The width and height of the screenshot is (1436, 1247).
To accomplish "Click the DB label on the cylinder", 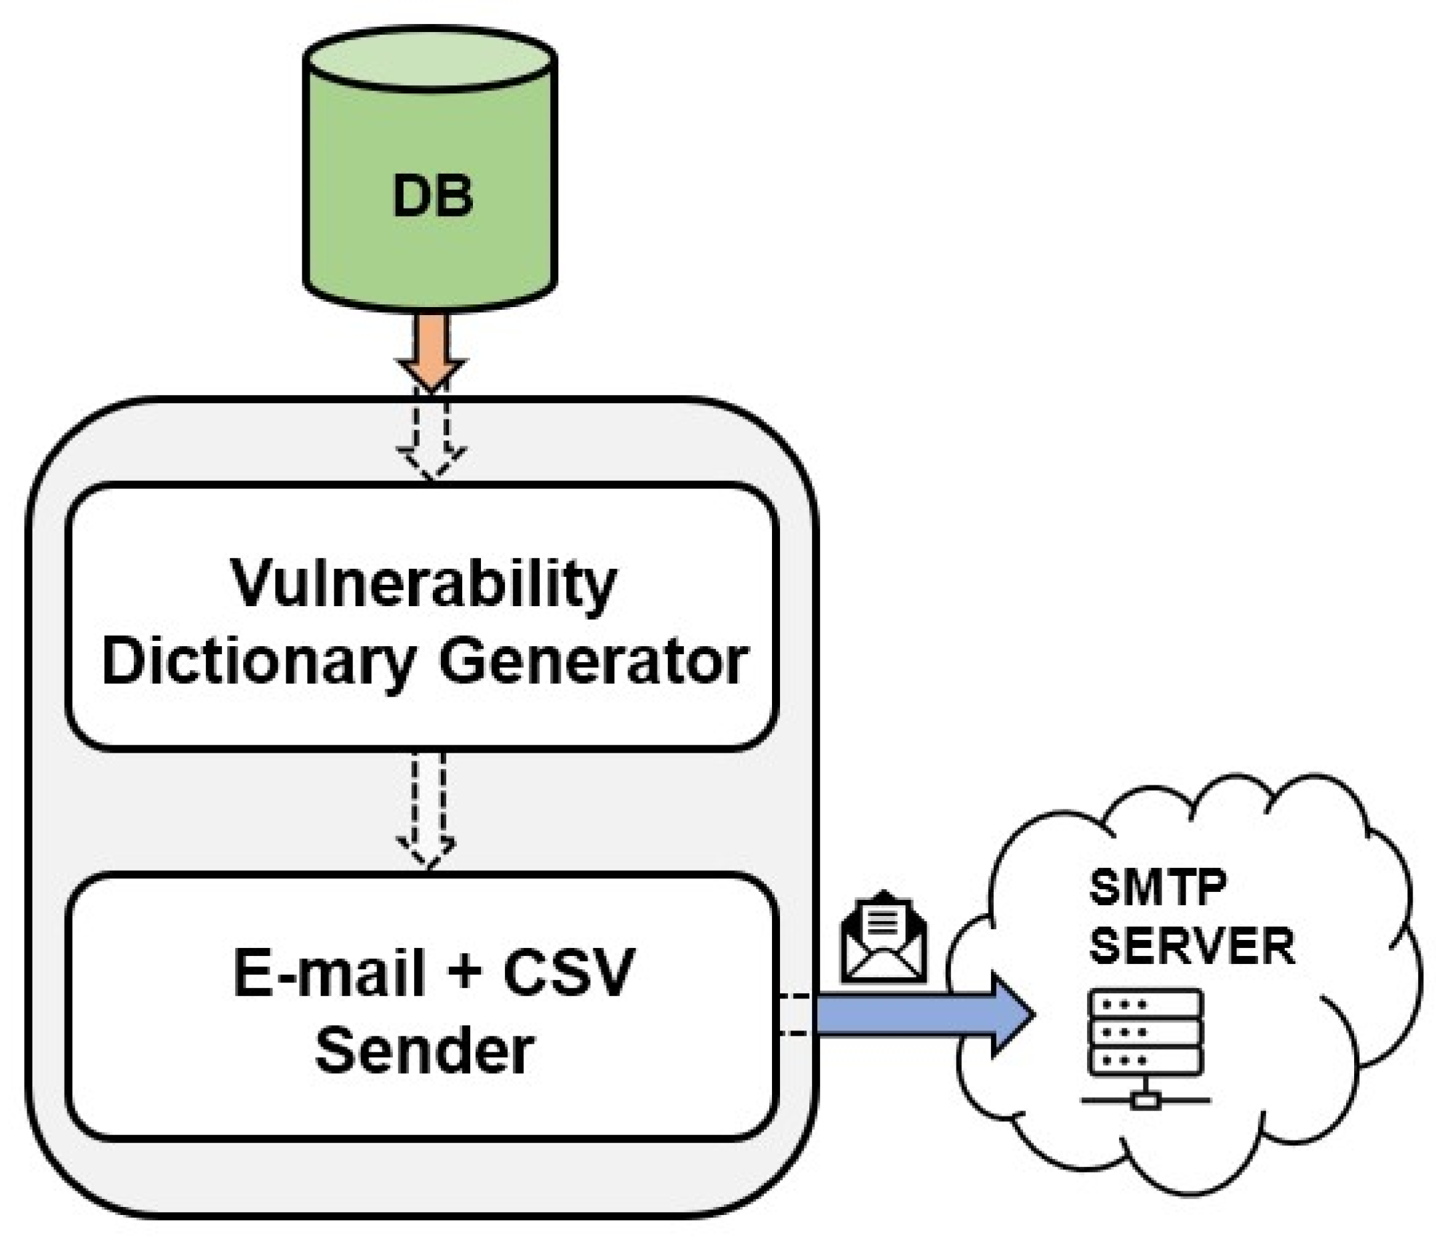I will click(x=433, y=197).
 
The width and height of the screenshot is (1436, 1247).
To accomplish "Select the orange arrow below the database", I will click(x=432, y=352).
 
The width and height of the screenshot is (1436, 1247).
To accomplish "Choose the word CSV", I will click(x=568, y=973).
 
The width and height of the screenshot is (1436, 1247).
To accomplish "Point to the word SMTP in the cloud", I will click(x=1157, y=888).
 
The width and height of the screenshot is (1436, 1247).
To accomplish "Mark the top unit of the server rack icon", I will click(x=1144, y=1004).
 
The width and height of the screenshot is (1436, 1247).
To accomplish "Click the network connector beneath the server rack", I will click(x=1144, y=1102).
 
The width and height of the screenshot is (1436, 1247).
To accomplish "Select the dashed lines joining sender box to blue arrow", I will click(x=794, y=1015).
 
